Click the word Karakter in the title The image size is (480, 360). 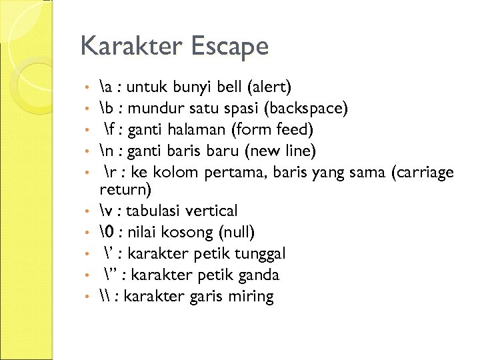(130, 47)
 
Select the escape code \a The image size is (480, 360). (103, 86)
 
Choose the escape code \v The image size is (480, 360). (103, 211)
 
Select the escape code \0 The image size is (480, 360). (104, 232)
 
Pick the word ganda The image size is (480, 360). (258, 275)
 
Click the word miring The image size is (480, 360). (251, 297)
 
